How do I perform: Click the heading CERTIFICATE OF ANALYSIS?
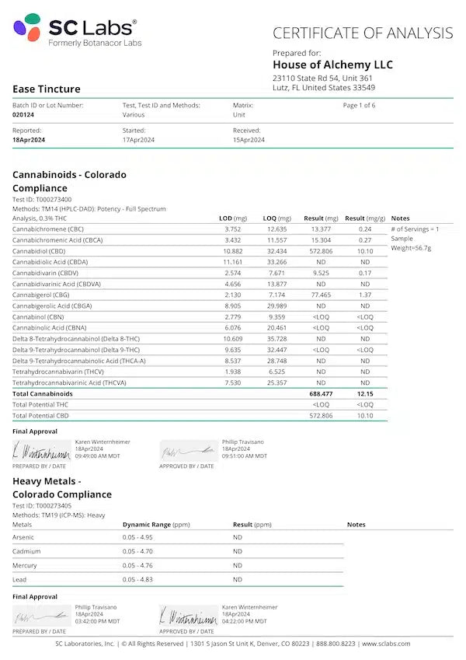362,33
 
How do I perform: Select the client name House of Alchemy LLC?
332,65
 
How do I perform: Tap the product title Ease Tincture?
47,89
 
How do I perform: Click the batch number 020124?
23,114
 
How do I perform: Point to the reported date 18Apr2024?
29,140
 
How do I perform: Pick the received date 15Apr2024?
249,140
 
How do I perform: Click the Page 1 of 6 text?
359,105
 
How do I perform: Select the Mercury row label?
25,565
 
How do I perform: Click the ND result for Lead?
238,579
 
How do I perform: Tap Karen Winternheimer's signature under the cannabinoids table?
41,451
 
